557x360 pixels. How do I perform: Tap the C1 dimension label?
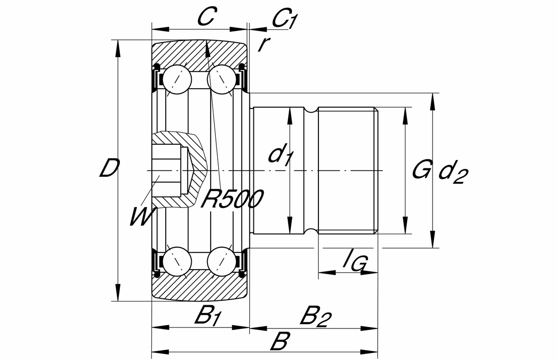click(x=284, y=19)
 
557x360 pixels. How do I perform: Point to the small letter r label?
click(x=264, y=44)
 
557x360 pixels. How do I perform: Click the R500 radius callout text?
click(x=232, y=199)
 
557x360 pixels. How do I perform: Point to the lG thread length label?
click(x=355, y=263)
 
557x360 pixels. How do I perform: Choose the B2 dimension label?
click(x=316, y=317)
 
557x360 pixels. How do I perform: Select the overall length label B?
click(x=280, y=344)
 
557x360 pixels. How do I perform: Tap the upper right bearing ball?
click(x=221, y=79)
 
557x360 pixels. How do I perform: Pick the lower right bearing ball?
click(x=221, y=262)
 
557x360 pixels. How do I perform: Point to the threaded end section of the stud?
click(x=348, y=171)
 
